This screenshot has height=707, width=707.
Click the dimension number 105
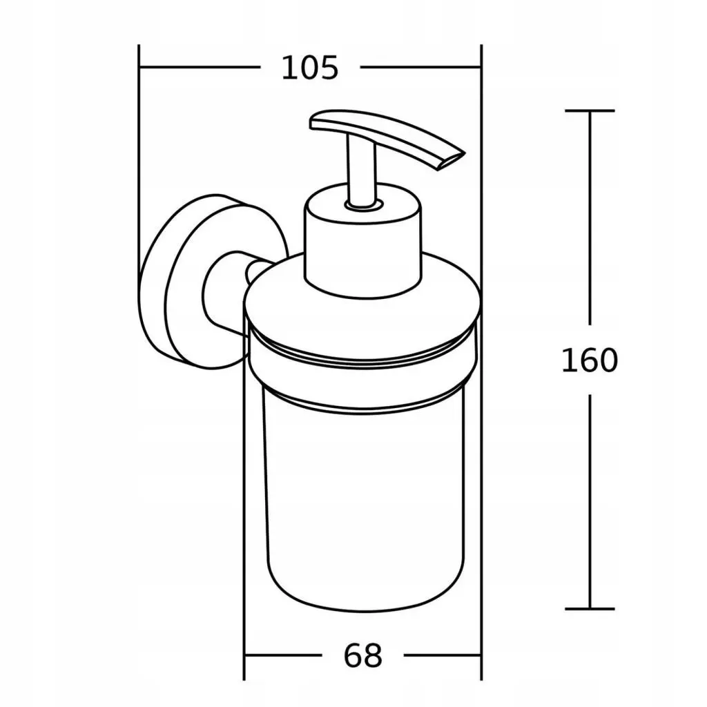(309, 68)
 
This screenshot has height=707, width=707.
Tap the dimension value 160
(590, 360)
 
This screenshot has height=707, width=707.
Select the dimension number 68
(363, 656)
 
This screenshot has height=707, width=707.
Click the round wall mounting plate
(180, 282)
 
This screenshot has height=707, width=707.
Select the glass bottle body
(365, 496)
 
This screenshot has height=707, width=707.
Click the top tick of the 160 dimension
(590, 110)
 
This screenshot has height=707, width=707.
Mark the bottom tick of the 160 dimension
(590, 609)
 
